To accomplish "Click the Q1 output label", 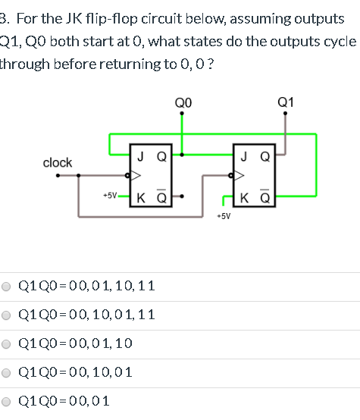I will click(286, 102).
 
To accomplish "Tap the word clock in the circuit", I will click(58, 162).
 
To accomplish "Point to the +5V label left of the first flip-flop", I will click(110, 195).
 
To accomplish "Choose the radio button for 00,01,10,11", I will click(7, 287).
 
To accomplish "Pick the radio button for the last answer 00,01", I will click(7, 402).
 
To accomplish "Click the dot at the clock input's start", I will click(58, 177).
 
